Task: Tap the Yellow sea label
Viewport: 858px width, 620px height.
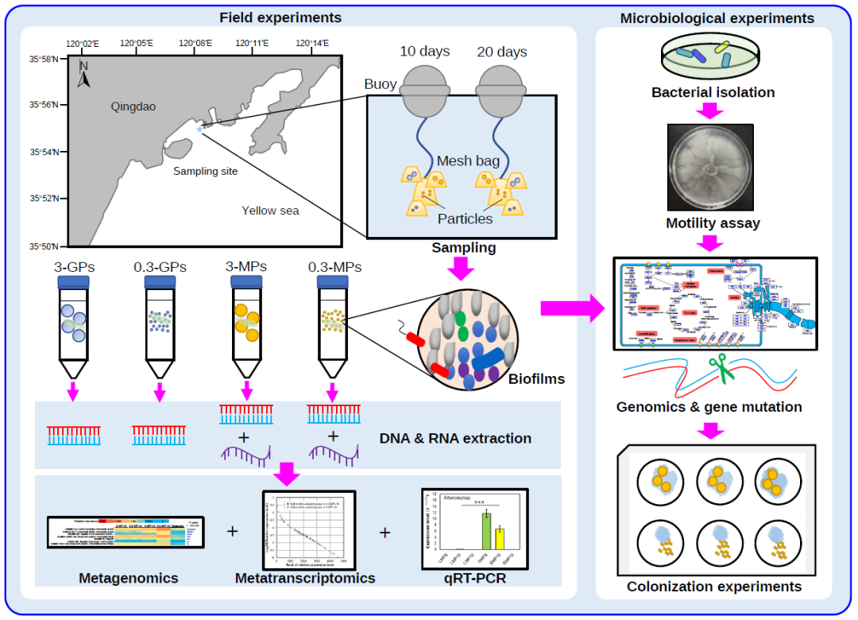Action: pyautogui.click(x=270, y=211)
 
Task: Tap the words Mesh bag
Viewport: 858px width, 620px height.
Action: pyautogui.click(x=468, y=161)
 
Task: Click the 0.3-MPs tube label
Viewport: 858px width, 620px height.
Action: pyautogui.click(x=334, y=267)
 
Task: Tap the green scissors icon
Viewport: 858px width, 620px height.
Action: pyautogui.click(x=721, y=370)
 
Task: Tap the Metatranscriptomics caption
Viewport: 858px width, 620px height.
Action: pyautogui.click(x=305, y=578)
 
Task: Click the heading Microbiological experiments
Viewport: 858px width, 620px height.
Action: pyautogui.click(x=717, y=17)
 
